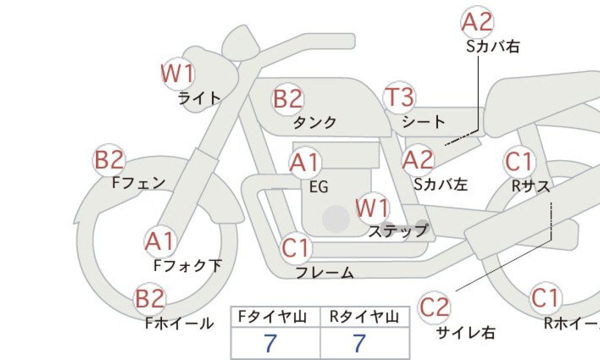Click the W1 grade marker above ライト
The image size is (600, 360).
(x=178, y=73)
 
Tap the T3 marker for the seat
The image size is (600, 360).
(x=399, y=97)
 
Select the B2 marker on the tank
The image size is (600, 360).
(x=288, y=99)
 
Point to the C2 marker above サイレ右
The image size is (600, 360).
(x=434, y=307)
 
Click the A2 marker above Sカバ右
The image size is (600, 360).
(x=477, y=22)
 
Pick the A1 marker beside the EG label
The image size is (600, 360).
(x=305, y=162)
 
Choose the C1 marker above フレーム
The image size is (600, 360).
(x=296, y=248)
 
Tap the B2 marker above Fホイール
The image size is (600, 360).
(x=149, y=298)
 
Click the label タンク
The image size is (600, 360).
(x=315, y=122)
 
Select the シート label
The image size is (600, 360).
(x=423, y=122)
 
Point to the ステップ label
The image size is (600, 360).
(x=398, y=231)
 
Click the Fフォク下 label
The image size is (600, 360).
(x=187, y=265)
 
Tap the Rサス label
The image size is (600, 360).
(x=530, y=186)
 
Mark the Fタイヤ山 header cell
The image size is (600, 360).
(x=275, y=317)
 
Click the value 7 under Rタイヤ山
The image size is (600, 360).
(x=359, y=343)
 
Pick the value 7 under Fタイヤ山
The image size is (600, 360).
(x=270, y=343)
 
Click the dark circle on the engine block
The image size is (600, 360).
(x=336, y=219)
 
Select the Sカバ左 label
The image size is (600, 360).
(x=441, y=184)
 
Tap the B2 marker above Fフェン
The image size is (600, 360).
(x=109, y=160)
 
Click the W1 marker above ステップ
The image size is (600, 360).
(x=372, y=208)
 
